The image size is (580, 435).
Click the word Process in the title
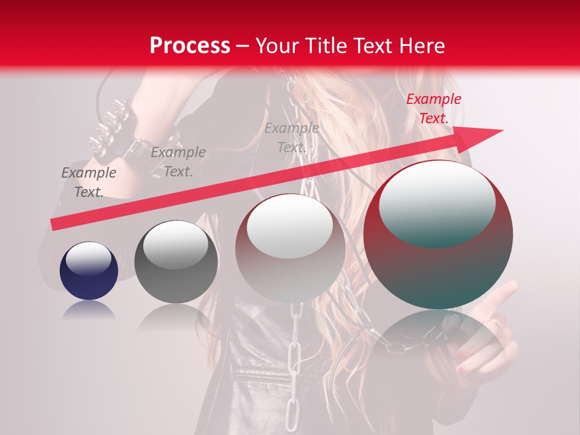(x=190, y=46)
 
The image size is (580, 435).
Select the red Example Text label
(x=433, y=109)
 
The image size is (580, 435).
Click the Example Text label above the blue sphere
(x=89, y=182)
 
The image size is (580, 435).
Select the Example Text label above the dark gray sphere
(x=178, y=162)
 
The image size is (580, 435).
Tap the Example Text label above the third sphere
(x=292, y=137)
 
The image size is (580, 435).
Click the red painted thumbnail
(x=461, y=368)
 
